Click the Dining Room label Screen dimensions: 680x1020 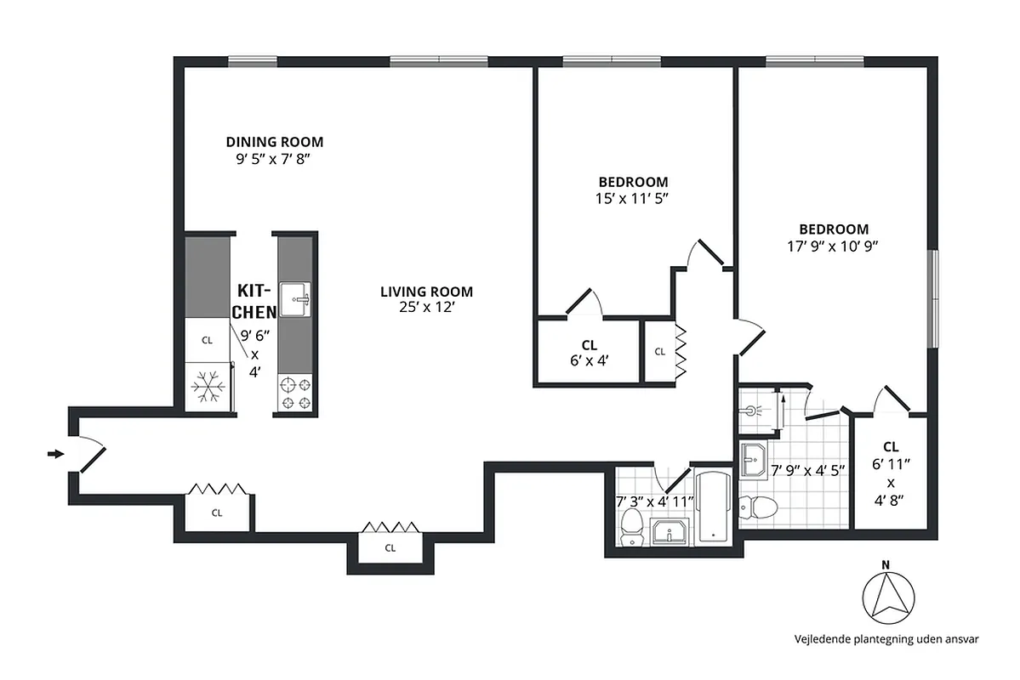pos(274,142)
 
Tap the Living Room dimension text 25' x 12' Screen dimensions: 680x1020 pos(426,308)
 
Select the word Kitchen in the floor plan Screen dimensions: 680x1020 pos(254,300)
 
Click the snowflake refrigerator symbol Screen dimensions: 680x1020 pos(207,388)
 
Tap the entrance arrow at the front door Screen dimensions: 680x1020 pos(55,455)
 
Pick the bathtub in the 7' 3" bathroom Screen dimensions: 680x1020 pos(712,508)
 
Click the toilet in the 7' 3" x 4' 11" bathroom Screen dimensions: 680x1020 pos(632,527)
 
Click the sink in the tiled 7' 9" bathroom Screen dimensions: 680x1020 pos(753,461)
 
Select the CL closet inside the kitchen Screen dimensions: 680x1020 pos(207,340)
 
